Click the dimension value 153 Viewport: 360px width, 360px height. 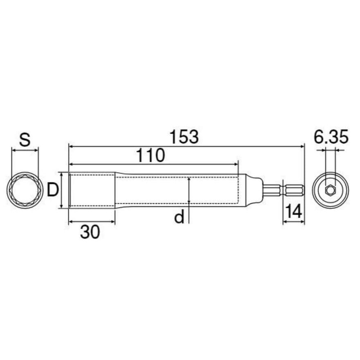184,137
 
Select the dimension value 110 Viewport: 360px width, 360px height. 151,155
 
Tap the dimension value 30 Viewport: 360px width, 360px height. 90,232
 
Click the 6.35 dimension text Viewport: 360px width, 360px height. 331,137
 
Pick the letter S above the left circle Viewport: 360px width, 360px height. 25,139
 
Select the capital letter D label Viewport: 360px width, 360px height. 53,190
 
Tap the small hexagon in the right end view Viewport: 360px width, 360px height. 331,190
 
